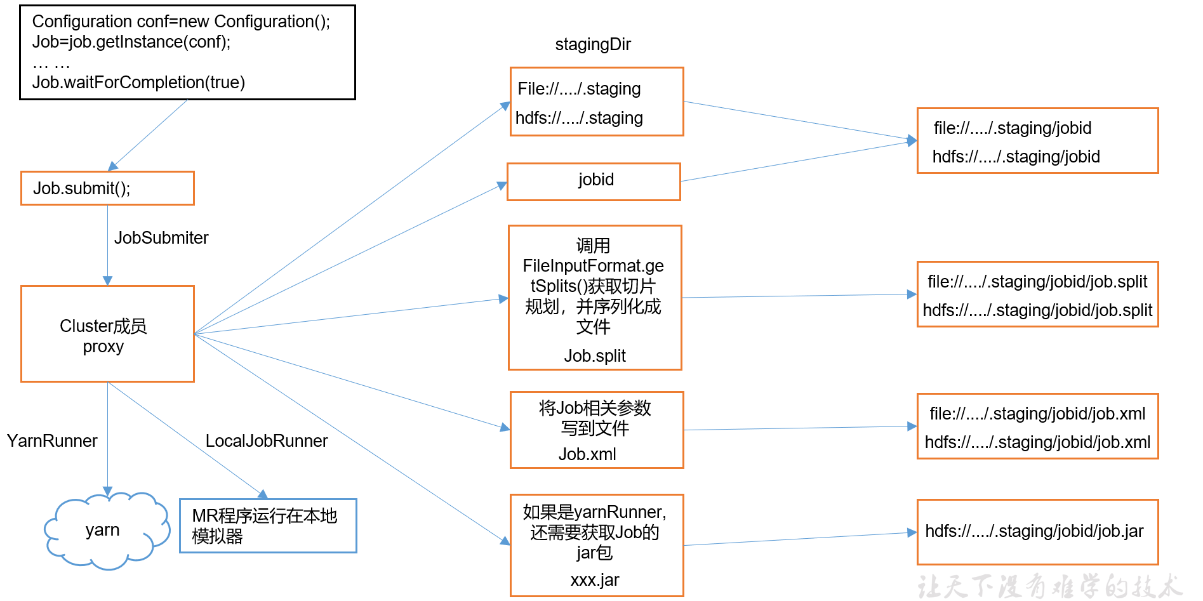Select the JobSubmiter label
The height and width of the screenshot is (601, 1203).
pyautogui.click(x=161, y=238)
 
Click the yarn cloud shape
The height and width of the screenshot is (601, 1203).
pyautogui.click(x=107, y=531)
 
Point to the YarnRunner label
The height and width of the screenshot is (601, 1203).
pyautogui.click(x=52, y=440)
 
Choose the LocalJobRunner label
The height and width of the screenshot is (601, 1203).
pyautogui.click(x=267, y=440)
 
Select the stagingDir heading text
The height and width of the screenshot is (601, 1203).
pyautogui.click(x=593, y=44)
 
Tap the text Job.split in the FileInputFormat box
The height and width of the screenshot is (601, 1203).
pyautogui.click(x=595, y=356)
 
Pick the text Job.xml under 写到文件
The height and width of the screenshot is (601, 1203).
pyautogui.click(x=587, y=454)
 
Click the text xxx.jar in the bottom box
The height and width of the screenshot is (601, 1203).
pyautogui.click(x=595, y=580)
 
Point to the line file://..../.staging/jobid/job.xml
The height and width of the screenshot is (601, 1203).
pyautogui.click(x=1037, y=414)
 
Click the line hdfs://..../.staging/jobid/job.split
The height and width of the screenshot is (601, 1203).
pyautogui.click(x=1037, y=310)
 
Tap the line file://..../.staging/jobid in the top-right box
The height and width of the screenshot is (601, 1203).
pyautogui.click(x=1013, y=128)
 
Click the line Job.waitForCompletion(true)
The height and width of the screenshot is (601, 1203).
pyautogui.click(x=138, y=83)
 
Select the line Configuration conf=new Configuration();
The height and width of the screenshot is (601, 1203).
pyautogui.click(x=181, y=22)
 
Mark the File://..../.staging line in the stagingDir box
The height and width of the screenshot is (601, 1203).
pyautogui.click(x=579, y=89)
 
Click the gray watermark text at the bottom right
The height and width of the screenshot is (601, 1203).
pyautogui.click(x=1050, y=586)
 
